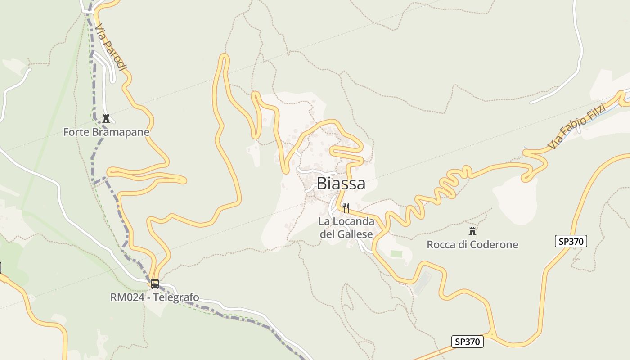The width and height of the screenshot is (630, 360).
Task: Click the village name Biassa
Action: (341, 184)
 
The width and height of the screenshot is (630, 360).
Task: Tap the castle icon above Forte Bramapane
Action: (107, 119)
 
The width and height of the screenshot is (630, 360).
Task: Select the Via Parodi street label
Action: (111, 47)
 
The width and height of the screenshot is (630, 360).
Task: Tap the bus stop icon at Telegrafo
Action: (155, 284)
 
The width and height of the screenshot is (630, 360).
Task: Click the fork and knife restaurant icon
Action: (346, 208)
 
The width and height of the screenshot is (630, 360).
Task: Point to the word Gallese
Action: (355, 234)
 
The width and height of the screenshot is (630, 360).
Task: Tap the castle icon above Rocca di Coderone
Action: (472, 231)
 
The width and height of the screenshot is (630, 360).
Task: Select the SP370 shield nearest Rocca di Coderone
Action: (571, 241)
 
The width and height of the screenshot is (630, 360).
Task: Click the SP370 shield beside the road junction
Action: (467, 342)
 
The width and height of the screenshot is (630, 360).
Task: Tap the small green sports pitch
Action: (396, 254)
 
